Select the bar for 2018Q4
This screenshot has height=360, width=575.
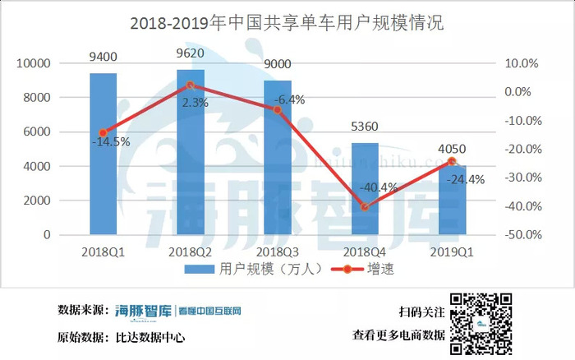pyautogui.click(x=365, y=188)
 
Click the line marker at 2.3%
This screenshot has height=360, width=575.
pyautogui.click(x=191, y=85)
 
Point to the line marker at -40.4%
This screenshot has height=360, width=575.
pyautogui.click(x=365, y=206)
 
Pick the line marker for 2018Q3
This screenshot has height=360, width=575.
pyautogui.click(x=278, y=109)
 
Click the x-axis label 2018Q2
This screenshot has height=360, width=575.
pyautogui.click(x=191, y=250)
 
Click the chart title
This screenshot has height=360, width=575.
pyautogui.click(x=287, y=23)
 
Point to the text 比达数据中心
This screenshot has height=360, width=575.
pyautogui.click(x=150, y=337)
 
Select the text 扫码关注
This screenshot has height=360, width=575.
pyautogui.click(x=421, y=312)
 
